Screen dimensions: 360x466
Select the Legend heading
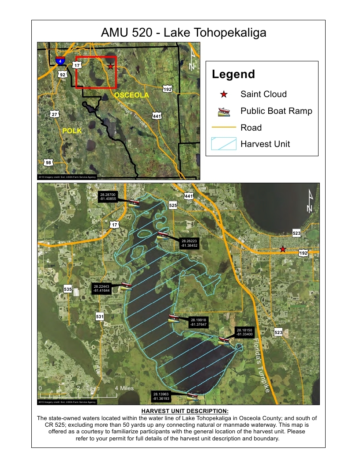point(233,74)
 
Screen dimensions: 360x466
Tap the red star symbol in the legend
point(224,94)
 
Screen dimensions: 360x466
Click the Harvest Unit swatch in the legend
point(224,144)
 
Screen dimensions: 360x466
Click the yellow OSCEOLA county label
point(131,95)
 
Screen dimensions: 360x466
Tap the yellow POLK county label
point(72,131)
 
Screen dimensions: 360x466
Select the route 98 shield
point(48,163)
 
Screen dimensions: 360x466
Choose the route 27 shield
point(54,114)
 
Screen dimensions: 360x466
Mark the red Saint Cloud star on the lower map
point(283,249)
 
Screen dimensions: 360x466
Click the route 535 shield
point(67,289)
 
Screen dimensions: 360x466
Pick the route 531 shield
point(100,316)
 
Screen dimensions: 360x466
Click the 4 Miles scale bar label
point(124,388)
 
